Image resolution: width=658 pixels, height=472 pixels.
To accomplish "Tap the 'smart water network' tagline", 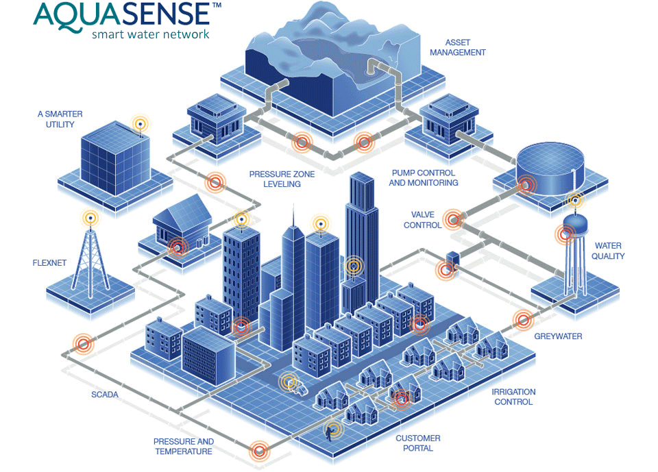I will tap(150, 34).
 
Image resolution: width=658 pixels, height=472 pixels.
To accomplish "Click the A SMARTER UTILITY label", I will tap(60, 120).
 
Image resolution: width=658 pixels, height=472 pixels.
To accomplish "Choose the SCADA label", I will tap(105, 395).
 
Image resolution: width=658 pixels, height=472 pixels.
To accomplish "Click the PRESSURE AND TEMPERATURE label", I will tap(184, 447).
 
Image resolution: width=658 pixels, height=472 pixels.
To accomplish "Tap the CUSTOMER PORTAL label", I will tap(418, 443).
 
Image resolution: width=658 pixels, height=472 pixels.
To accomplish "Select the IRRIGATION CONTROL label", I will tap(513, 397).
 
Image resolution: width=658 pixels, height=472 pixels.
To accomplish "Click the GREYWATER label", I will tap(558, 336).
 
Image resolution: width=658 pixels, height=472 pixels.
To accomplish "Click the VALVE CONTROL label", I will tap(422, 220).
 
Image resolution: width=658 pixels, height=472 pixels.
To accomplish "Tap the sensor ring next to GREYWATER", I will tap(524, 319).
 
